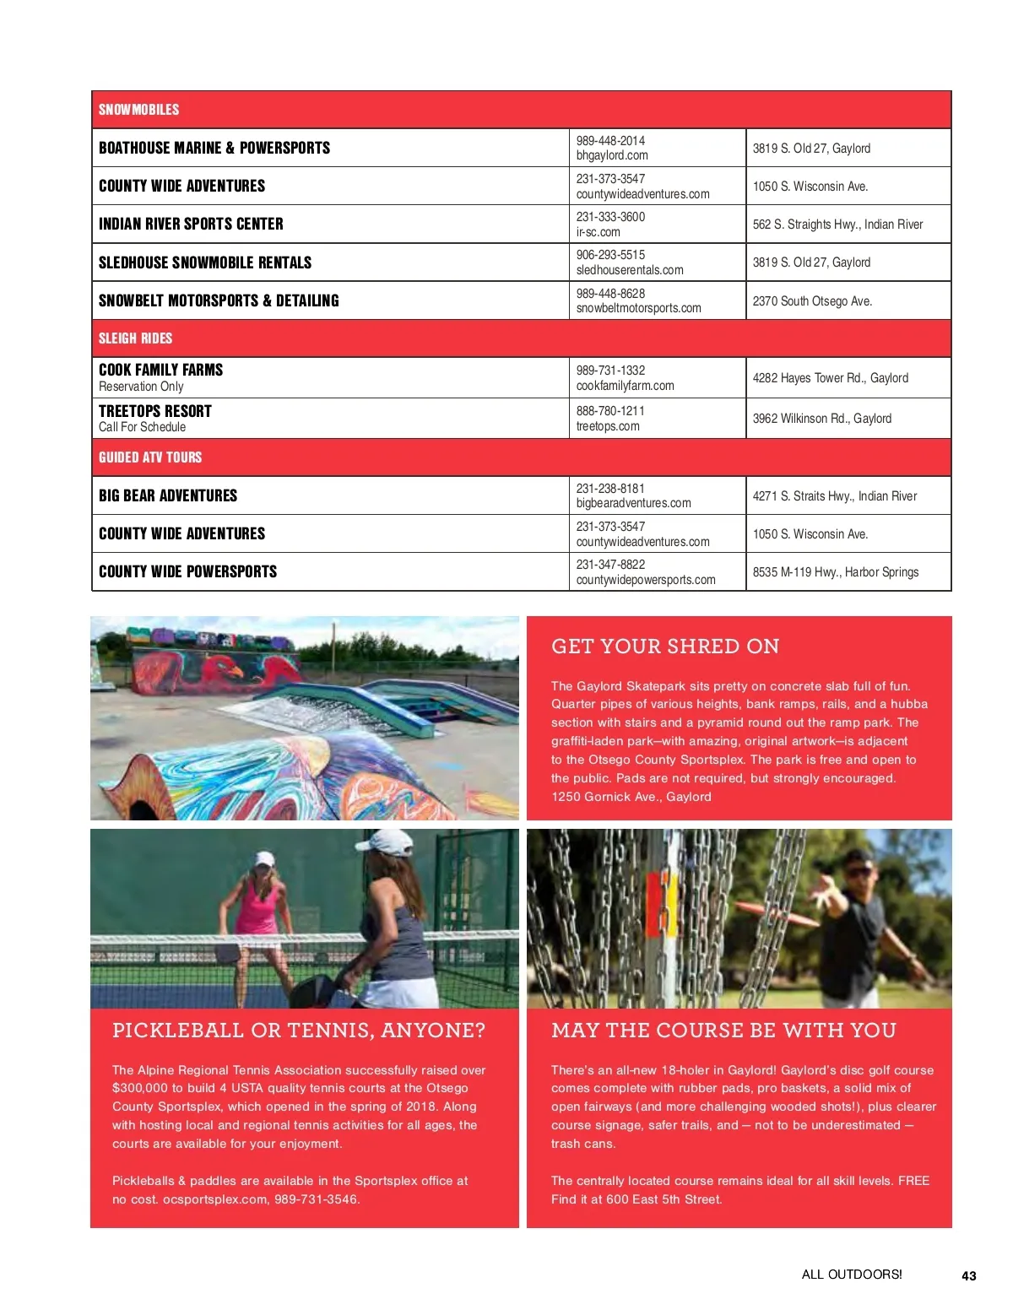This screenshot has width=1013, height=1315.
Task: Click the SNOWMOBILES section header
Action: (x=138, y=110)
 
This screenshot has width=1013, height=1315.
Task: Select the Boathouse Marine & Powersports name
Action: (x=214, y=148)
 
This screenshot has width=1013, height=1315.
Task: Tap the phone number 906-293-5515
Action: (x=610, y=255)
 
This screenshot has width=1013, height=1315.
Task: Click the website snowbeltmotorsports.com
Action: (x=638, y=308)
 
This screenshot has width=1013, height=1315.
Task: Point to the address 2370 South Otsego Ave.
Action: (x=812, y=301)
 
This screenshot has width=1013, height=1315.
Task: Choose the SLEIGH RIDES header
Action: (x=135, y=338)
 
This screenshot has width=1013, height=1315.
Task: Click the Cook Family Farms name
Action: (x=160, y=370)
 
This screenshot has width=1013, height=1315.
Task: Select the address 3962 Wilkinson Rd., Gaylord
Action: (x=821, y=419)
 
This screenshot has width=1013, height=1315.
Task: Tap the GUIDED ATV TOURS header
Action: (x=150, y=457)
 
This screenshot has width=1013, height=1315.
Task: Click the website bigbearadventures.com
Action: (x=633, y=503)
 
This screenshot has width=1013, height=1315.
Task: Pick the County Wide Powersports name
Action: (x=187, y=571)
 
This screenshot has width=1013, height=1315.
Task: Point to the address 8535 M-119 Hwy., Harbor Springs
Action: (x=835, y=572)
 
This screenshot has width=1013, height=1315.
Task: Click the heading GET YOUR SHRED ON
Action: (x=665, y=647)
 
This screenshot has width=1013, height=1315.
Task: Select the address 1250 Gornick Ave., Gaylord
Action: (x=631, y=797)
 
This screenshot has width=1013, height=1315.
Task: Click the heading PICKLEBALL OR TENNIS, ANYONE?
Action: (x=299, y=1031)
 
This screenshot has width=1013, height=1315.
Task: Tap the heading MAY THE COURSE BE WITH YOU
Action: (x=723, y=1031)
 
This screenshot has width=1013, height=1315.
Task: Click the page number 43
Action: (x=968, y=1276)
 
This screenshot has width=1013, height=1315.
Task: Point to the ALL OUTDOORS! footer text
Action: (x=851, y=1274)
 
